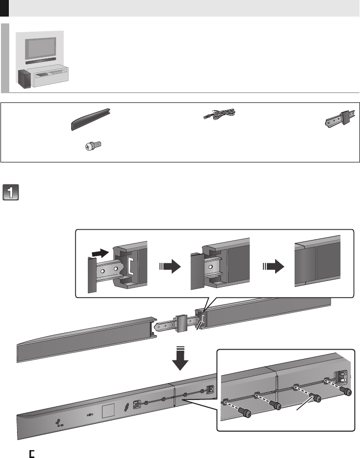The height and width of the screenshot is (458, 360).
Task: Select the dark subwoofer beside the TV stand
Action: [x=23, y=79]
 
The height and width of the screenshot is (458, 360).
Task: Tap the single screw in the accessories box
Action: [x=92, y=145]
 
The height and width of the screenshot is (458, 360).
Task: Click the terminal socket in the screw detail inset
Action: [x=340, y=376]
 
